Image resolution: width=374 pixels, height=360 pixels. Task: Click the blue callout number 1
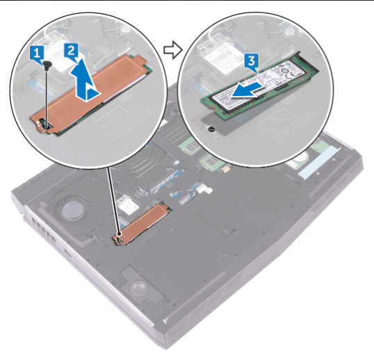coord(37,54)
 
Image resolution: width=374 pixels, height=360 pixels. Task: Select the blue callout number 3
coord(252,62)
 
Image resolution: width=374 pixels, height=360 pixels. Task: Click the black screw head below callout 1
coord(47,63)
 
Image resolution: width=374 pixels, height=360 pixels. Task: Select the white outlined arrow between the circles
coord(172,49)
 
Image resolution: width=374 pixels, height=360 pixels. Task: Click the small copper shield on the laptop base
coord(142,223)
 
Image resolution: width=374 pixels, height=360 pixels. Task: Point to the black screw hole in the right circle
coord(211,129)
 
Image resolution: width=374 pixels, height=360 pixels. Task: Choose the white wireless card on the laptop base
coord(128,204)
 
